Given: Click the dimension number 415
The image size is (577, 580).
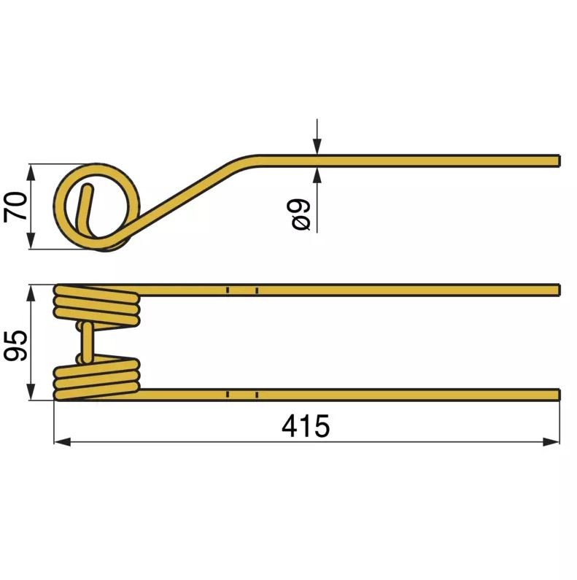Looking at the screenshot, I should tap(306, 426).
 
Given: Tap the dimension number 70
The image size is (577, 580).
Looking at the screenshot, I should tap(16, 206).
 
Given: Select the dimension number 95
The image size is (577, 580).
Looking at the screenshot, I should tap(16, 343).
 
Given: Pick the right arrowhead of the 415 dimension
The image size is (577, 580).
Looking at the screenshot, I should tap(554, 441).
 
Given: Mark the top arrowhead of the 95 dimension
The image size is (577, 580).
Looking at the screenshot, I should tap(31, 292).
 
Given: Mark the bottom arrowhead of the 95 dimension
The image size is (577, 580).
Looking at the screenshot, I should tap(31, 394).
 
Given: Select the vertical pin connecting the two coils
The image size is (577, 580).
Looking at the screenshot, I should tap(87, 342).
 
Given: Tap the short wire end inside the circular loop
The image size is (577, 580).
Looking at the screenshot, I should tap(85, 204).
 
